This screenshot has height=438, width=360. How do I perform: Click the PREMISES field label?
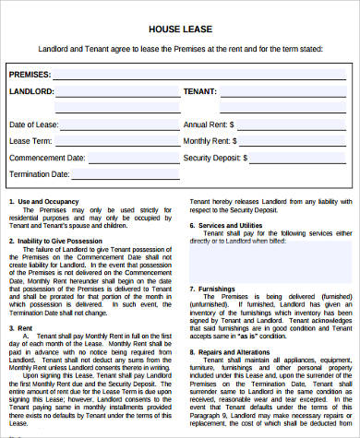pos(30,73)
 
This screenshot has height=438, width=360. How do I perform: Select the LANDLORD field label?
pos(31,92)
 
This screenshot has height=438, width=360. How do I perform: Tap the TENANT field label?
pos(200,92)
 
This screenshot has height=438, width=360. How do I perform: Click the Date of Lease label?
pos(35,124)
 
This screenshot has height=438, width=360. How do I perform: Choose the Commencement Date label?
pos(47,157)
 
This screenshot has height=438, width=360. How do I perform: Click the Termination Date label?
pos(40,173)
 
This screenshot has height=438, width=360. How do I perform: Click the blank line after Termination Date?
pos(120,176)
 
